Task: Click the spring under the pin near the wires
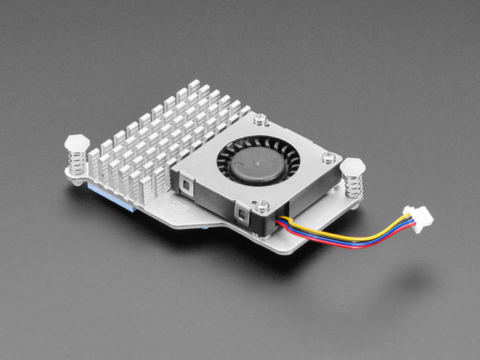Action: coord(352,186)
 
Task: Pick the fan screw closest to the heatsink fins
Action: coord(260,118)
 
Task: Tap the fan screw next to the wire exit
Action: coord(262,204)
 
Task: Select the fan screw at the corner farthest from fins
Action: coord(329,157)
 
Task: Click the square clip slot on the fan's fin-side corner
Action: coord(184,182)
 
